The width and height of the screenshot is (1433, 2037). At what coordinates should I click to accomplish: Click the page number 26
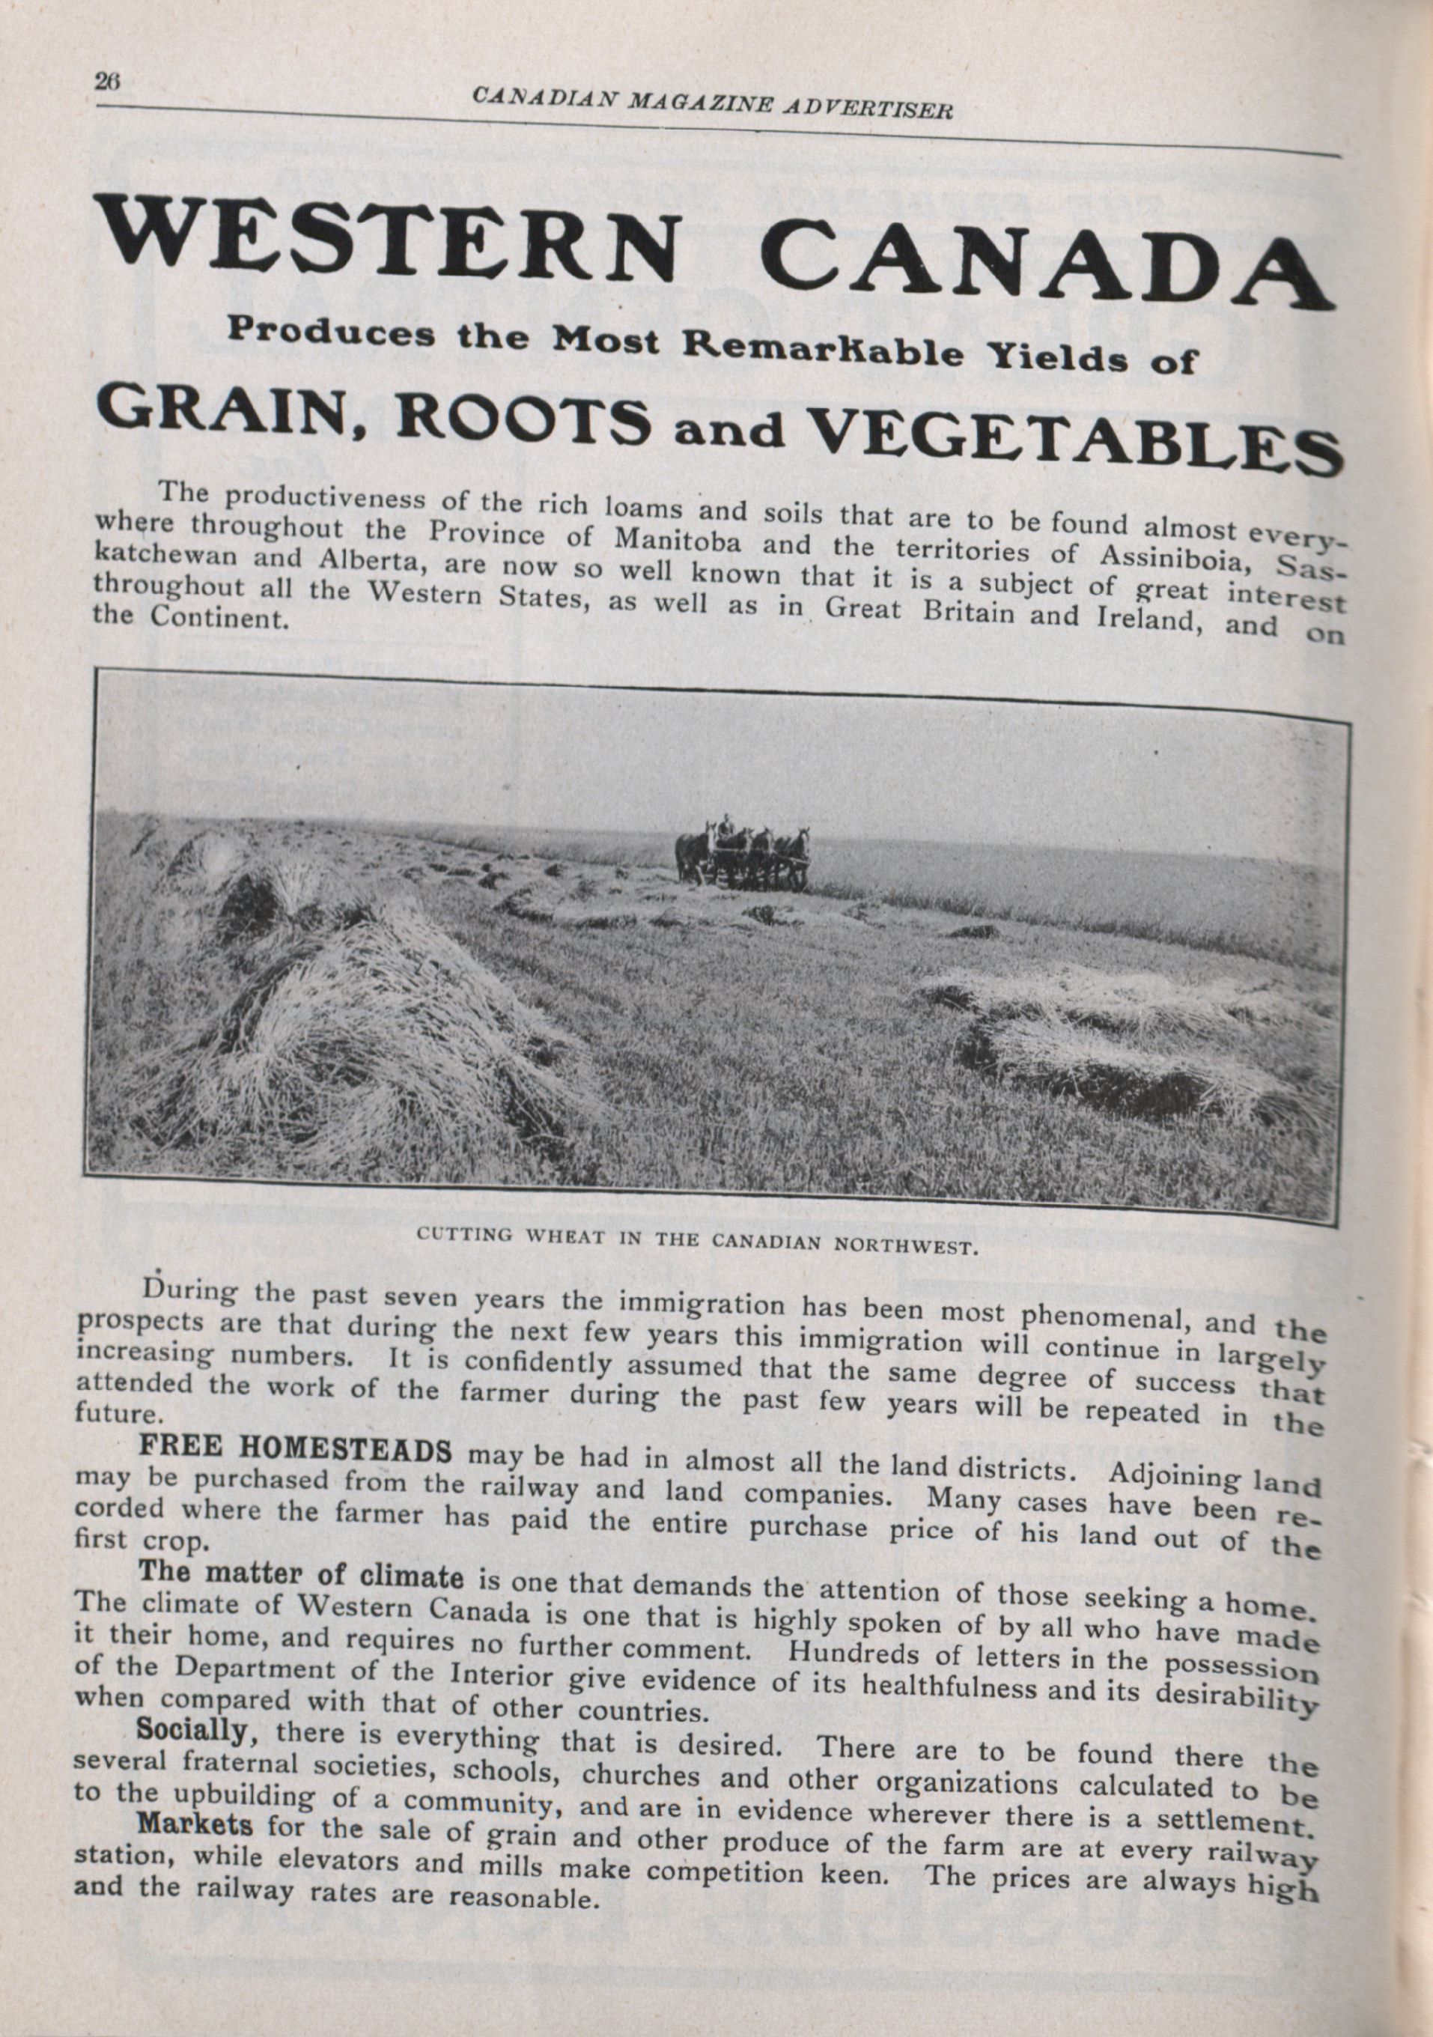(x=106, y=81)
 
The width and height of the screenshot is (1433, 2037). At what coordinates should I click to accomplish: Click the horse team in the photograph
(x=743, y=854)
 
